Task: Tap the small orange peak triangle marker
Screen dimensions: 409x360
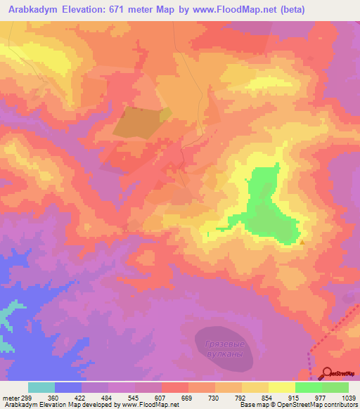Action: [x=302, y=242]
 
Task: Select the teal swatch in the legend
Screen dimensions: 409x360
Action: [x=41, y=387]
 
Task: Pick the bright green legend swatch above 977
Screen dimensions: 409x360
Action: [x=308, y=387]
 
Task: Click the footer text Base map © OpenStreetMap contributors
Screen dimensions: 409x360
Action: [x=297, y=405]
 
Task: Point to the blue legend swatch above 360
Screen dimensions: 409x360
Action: [x=68, y=387]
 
